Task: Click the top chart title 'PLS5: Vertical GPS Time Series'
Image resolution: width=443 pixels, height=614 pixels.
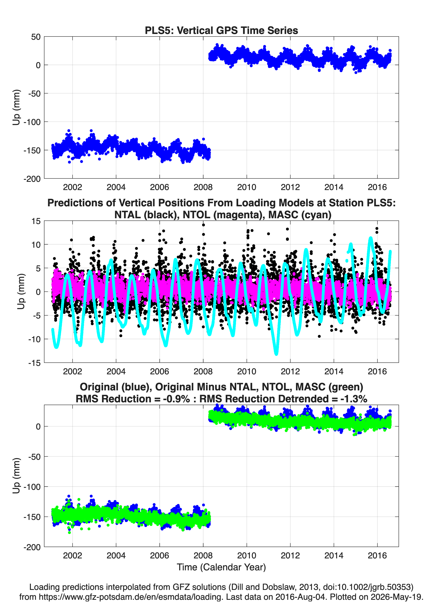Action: [x=221, y=30]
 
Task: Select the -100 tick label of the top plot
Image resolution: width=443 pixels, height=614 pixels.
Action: [x=32, y=122]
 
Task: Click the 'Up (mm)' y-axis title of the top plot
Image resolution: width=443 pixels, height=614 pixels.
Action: [x=16, y=107]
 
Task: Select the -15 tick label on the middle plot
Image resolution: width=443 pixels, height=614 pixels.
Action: [x=34, y=363]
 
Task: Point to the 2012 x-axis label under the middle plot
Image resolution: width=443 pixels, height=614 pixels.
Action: [x=290, y=371]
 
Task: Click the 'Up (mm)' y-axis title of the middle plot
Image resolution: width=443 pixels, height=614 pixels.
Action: [x=21, y=292]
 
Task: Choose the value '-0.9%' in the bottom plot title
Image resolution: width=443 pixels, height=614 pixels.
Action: [x=176, y=399]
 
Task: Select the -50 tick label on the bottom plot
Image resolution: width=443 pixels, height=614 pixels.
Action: [x=34, y=457]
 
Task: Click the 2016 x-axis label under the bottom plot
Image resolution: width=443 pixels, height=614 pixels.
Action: [x=377, y=556]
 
